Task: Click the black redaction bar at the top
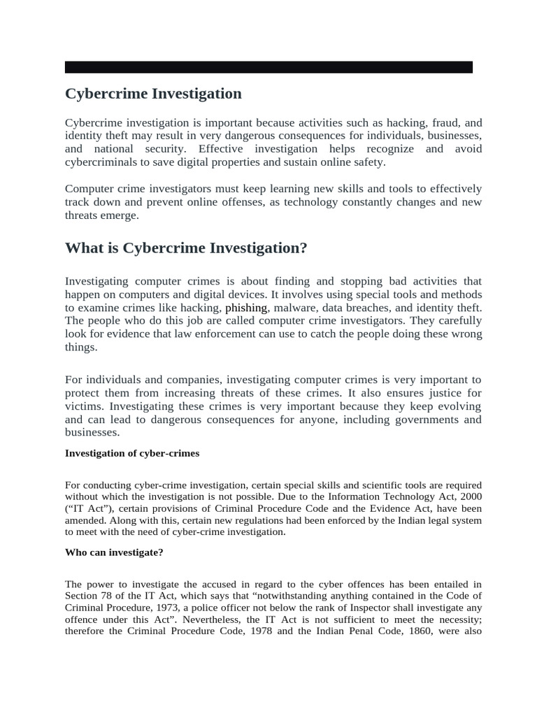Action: click(x=268, y=67)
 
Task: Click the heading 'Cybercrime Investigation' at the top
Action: click(x=153, y=94)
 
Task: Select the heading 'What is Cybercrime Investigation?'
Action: click(x=186, y=248)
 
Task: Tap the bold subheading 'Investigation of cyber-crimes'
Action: click(x=132, y=453)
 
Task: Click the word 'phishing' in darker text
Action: click(x=246, y=308)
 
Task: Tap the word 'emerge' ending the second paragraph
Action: click(x=119, y=215)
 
